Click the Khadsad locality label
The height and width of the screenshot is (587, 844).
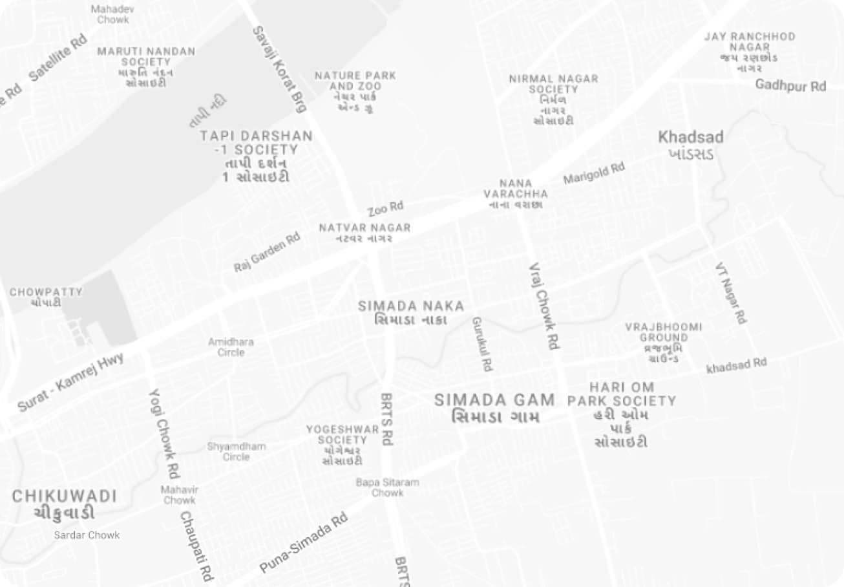click(690, 145)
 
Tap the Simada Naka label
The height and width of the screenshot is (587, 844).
click(411, 312)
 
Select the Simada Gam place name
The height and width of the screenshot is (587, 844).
click(494, 407)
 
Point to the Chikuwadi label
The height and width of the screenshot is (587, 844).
click(65, 504)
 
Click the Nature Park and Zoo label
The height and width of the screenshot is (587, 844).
click(355, 91)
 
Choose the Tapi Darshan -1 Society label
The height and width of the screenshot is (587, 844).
click(257, 156)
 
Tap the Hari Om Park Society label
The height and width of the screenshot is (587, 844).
click(622, 414)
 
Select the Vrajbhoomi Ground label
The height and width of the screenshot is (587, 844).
click(664, 342)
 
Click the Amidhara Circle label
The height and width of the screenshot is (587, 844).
click(231, 347)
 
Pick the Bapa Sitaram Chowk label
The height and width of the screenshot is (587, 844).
click(387, 487)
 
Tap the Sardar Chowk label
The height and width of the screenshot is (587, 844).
click(87, 535)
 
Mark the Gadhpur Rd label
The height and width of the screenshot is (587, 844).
click(790, 85)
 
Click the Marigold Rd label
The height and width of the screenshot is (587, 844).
click(594, 173)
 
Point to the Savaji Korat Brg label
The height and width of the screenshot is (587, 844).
click(279, 69)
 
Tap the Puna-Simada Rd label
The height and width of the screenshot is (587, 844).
click(304, 543)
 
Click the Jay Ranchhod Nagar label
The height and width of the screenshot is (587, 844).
click(750, 52)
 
